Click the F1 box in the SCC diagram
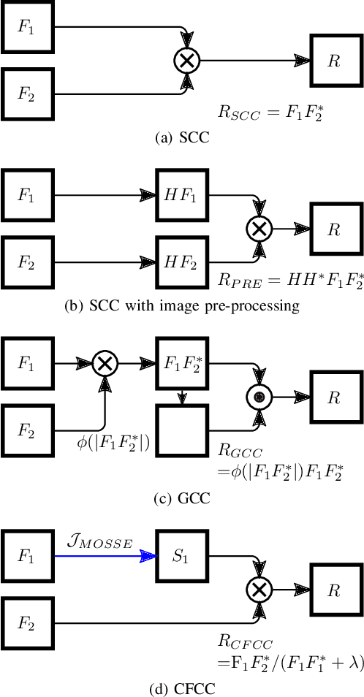[x=28, y=30]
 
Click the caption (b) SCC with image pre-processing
[x=181, y=305]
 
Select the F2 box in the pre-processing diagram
[x=28, y=262]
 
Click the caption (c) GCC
[x=181, y=499]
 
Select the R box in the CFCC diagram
[x=333, y=589]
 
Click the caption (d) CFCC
[x=181, y=688]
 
